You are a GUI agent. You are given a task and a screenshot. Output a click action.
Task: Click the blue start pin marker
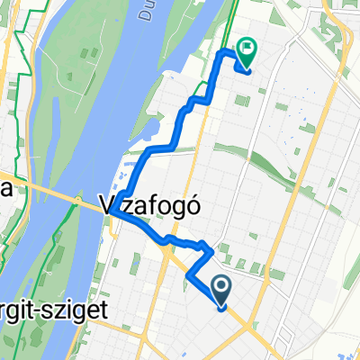(222, 290)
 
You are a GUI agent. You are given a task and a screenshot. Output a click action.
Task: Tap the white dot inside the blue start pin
(222, 285)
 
